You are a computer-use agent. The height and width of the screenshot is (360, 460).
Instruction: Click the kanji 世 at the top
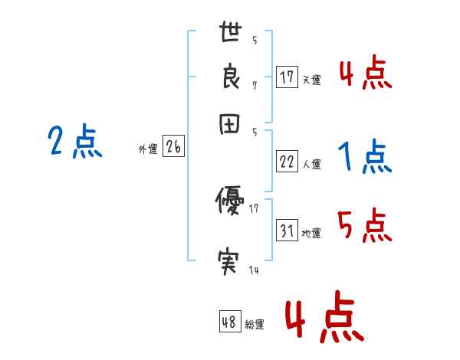[x=231, y=34]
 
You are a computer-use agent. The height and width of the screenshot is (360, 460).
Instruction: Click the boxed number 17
[x=287, y=77]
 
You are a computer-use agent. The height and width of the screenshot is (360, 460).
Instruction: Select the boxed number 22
[x=287, y=162]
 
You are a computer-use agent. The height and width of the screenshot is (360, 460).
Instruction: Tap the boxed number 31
[x=287, y=231]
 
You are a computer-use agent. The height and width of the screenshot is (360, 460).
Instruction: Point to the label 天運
[x=311, y=80]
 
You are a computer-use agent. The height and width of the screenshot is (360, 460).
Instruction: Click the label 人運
[x=311, y=164]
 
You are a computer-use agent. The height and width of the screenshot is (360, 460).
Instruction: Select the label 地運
[x=311, y=234]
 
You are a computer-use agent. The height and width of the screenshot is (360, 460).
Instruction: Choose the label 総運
[x=255, y=325]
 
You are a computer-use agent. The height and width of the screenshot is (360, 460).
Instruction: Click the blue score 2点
[x=75, y=142]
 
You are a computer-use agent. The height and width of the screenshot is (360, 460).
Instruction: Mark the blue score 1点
[x=364, y=158]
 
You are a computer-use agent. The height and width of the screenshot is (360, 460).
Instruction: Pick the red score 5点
[x=364, y=226]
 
